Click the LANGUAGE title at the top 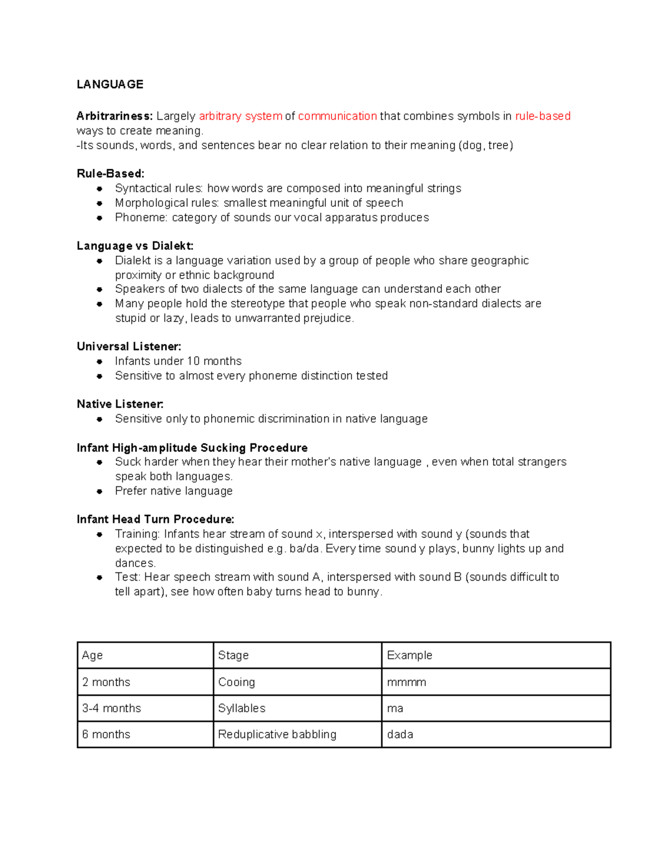coord(110,84)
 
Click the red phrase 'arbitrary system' coord(241,116)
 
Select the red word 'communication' coord(337,116)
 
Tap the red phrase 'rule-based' coord(543,116)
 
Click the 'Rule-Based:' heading coord(110,174)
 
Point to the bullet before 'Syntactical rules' coord(100,189)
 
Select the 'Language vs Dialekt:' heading coord(135,246)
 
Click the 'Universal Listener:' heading coord(129,347)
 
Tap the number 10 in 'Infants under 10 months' coord(193,361)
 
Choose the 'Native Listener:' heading coord(120,404)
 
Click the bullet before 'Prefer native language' coord(100,491)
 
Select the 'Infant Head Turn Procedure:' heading coord(156,519)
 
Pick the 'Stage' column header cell coord(297,655)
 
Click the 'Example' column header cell coord(496,655)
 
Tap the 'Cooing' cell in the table coord(297,682)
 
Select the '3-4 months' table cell coord(145,708)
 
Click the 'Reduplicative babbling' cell coord(297,735)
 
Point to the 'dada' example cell coord(496,735)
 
